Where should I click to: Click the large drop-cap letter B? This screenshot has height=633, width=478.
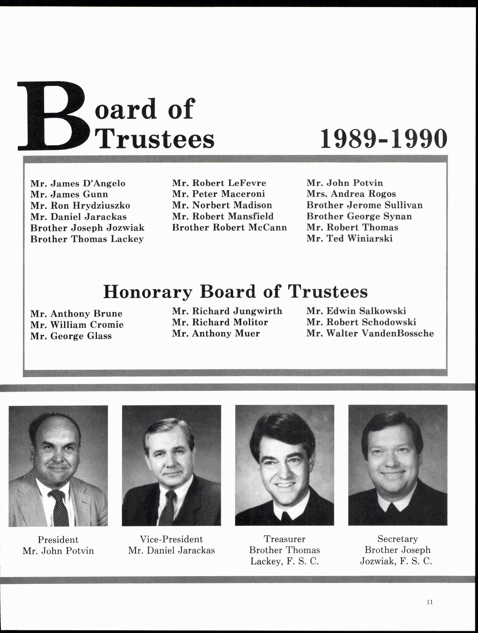click(51, 116)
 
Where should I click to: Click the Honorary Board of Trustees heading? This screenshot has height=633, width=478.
click(235, 292)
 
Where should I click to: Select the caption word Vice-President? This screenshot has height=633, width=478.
click(171, 539)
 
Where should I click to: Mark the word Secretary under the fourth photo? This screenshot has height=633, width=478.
click(397, 539)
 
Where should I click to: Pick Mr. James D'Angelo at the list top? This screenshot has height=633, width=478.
click(78, 183)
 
